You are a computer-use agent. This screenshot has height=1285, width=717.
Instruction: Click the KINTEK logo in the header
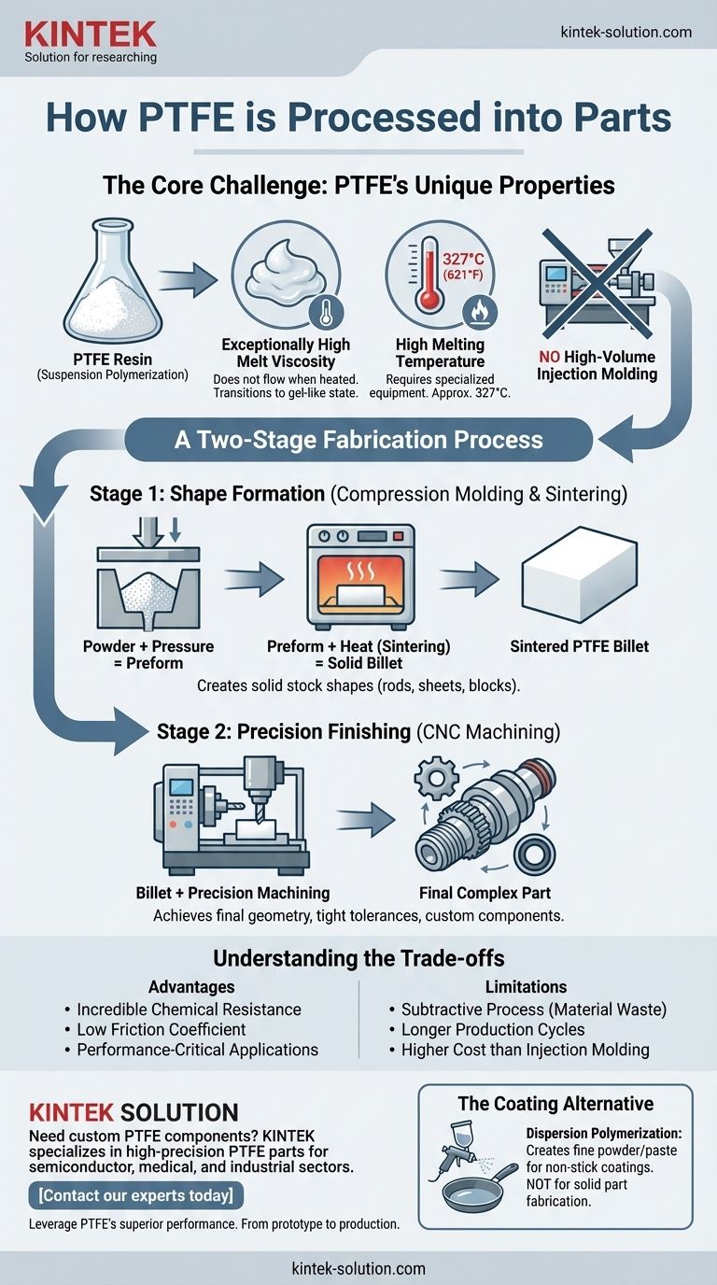click(x=91, y=35)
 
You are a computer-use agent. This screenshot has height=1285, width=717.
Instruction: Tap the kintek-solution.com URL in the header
click(x=626, y=32)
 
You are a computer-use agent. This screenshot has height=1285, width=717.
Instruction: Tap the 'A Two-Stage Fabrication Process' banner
click(x=358, y=439)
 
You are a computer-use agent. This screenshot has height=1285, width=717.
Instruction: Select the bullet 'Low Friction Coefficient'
click(x=161, y=1029)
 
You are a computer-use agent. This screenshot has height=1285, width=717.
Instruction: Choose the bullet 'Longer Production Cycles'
click(x=493, y=1029)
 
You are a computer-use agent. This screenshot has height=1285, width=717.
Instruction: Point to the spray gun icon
click(x=455, y=1152)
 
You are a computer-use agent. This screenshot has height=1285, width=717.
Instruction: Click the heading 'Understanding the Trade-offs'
click(x=358, y=959)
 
